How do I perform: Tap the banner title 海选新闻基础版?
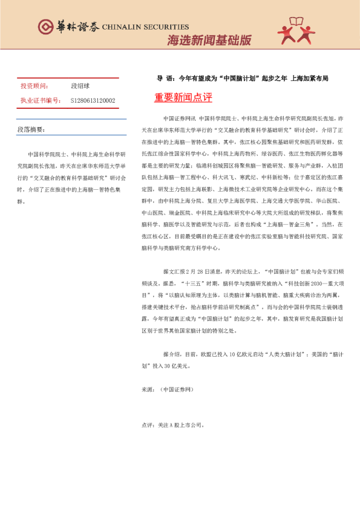click(x=209, y=41)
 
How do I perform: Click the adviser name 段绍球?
click(x=80, y=86)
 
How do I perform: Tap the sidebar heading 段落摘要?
click(x=31, y=130)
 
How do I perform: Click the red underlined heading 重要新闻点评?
click(x=183, y=97)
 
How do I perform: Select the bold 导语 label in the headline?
click(x=166, y=79)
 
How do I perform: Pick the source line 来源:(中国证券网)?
click(x=166, y=390)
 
